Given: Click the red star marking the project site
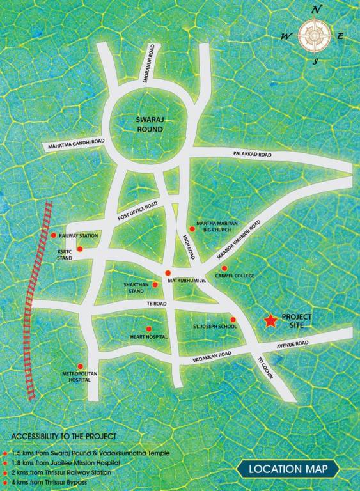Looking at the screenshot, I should coord(270,322).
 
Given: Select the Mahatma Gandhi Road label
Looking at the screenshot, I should coord(75,145).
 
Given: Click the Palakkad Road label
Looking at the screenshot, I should coord(253,155).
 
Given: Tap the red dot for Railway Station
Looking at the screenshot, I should coord(54,235).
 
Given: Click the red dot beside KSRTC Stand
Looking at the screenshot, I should coord(80,249).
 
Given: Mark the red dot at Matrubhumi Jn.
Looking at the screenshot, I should coord(168,273).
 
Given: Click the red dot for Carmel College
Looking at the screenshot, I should coord(224,268).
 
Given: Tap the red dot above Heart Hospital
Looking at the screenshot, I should coord(148,329).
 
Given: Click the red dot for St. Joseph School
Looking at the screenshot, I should coord(233,319).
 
